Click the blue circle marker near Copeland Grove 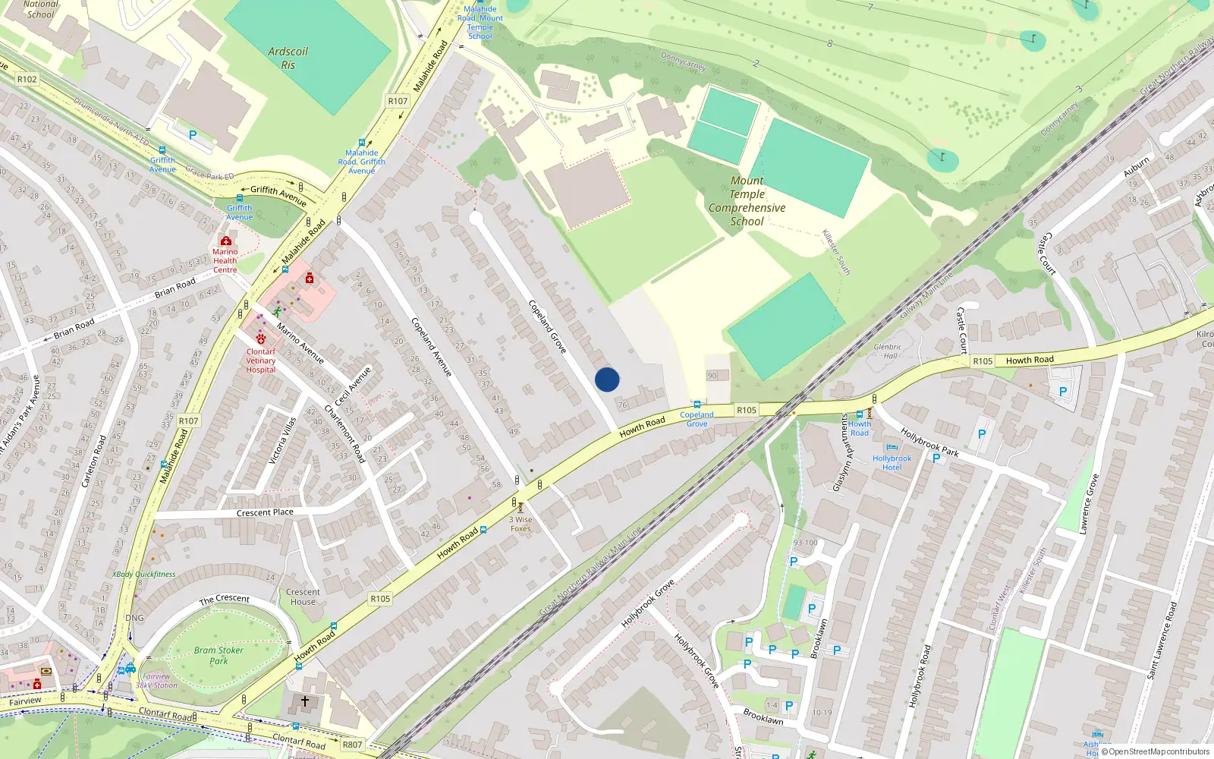(x=607, y=379)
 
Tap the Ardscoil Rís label (x=288, y=58)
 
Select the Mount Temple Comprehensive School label (x=747, y=201)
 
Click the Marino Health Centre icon (x=225, y=241)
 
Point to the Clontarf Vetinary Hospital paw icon (x=261, y=339)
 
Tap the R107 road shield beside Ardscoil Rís (x=398, y=101)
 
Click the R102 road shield (x=27, y=79)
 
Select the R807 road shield (x=352, y=745)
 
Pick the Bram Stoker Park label (x=219, y=655)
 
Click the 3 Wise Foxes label (x=521, y=524)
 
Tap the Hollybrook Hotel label (x=892, y=462)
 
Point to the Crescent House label (x=303, y=597)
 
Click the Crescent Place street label (x=265, y=512)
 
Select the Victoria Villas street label (x=282, y=440)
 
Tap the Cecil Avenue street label (x=354, y=386)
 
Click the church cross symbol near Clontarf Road (x=305, y=701)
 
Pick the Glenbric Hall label (x=887, y=351)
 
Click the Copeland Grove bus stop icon (x=697, y=405)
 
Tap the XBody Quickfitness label (x=144, y=574)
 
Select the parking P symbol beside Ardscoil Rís (x=193, y=135)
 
